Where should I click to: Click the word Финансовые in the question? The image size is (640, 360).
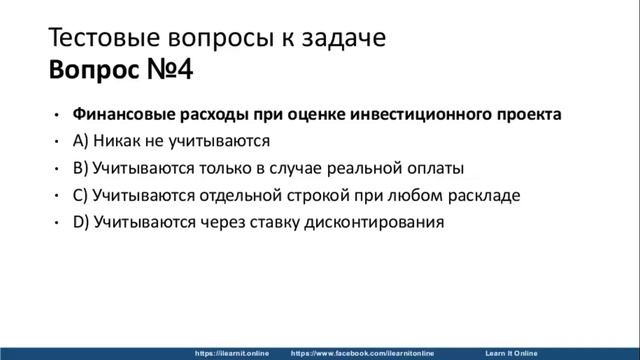121,114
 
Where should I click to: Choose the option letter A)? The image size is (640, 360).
81,141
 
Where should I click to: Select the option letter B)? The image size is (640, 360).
80,168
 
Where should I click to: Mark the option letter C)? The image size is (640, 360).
80,195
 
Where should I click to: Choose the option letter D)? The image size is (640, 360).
81,222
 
